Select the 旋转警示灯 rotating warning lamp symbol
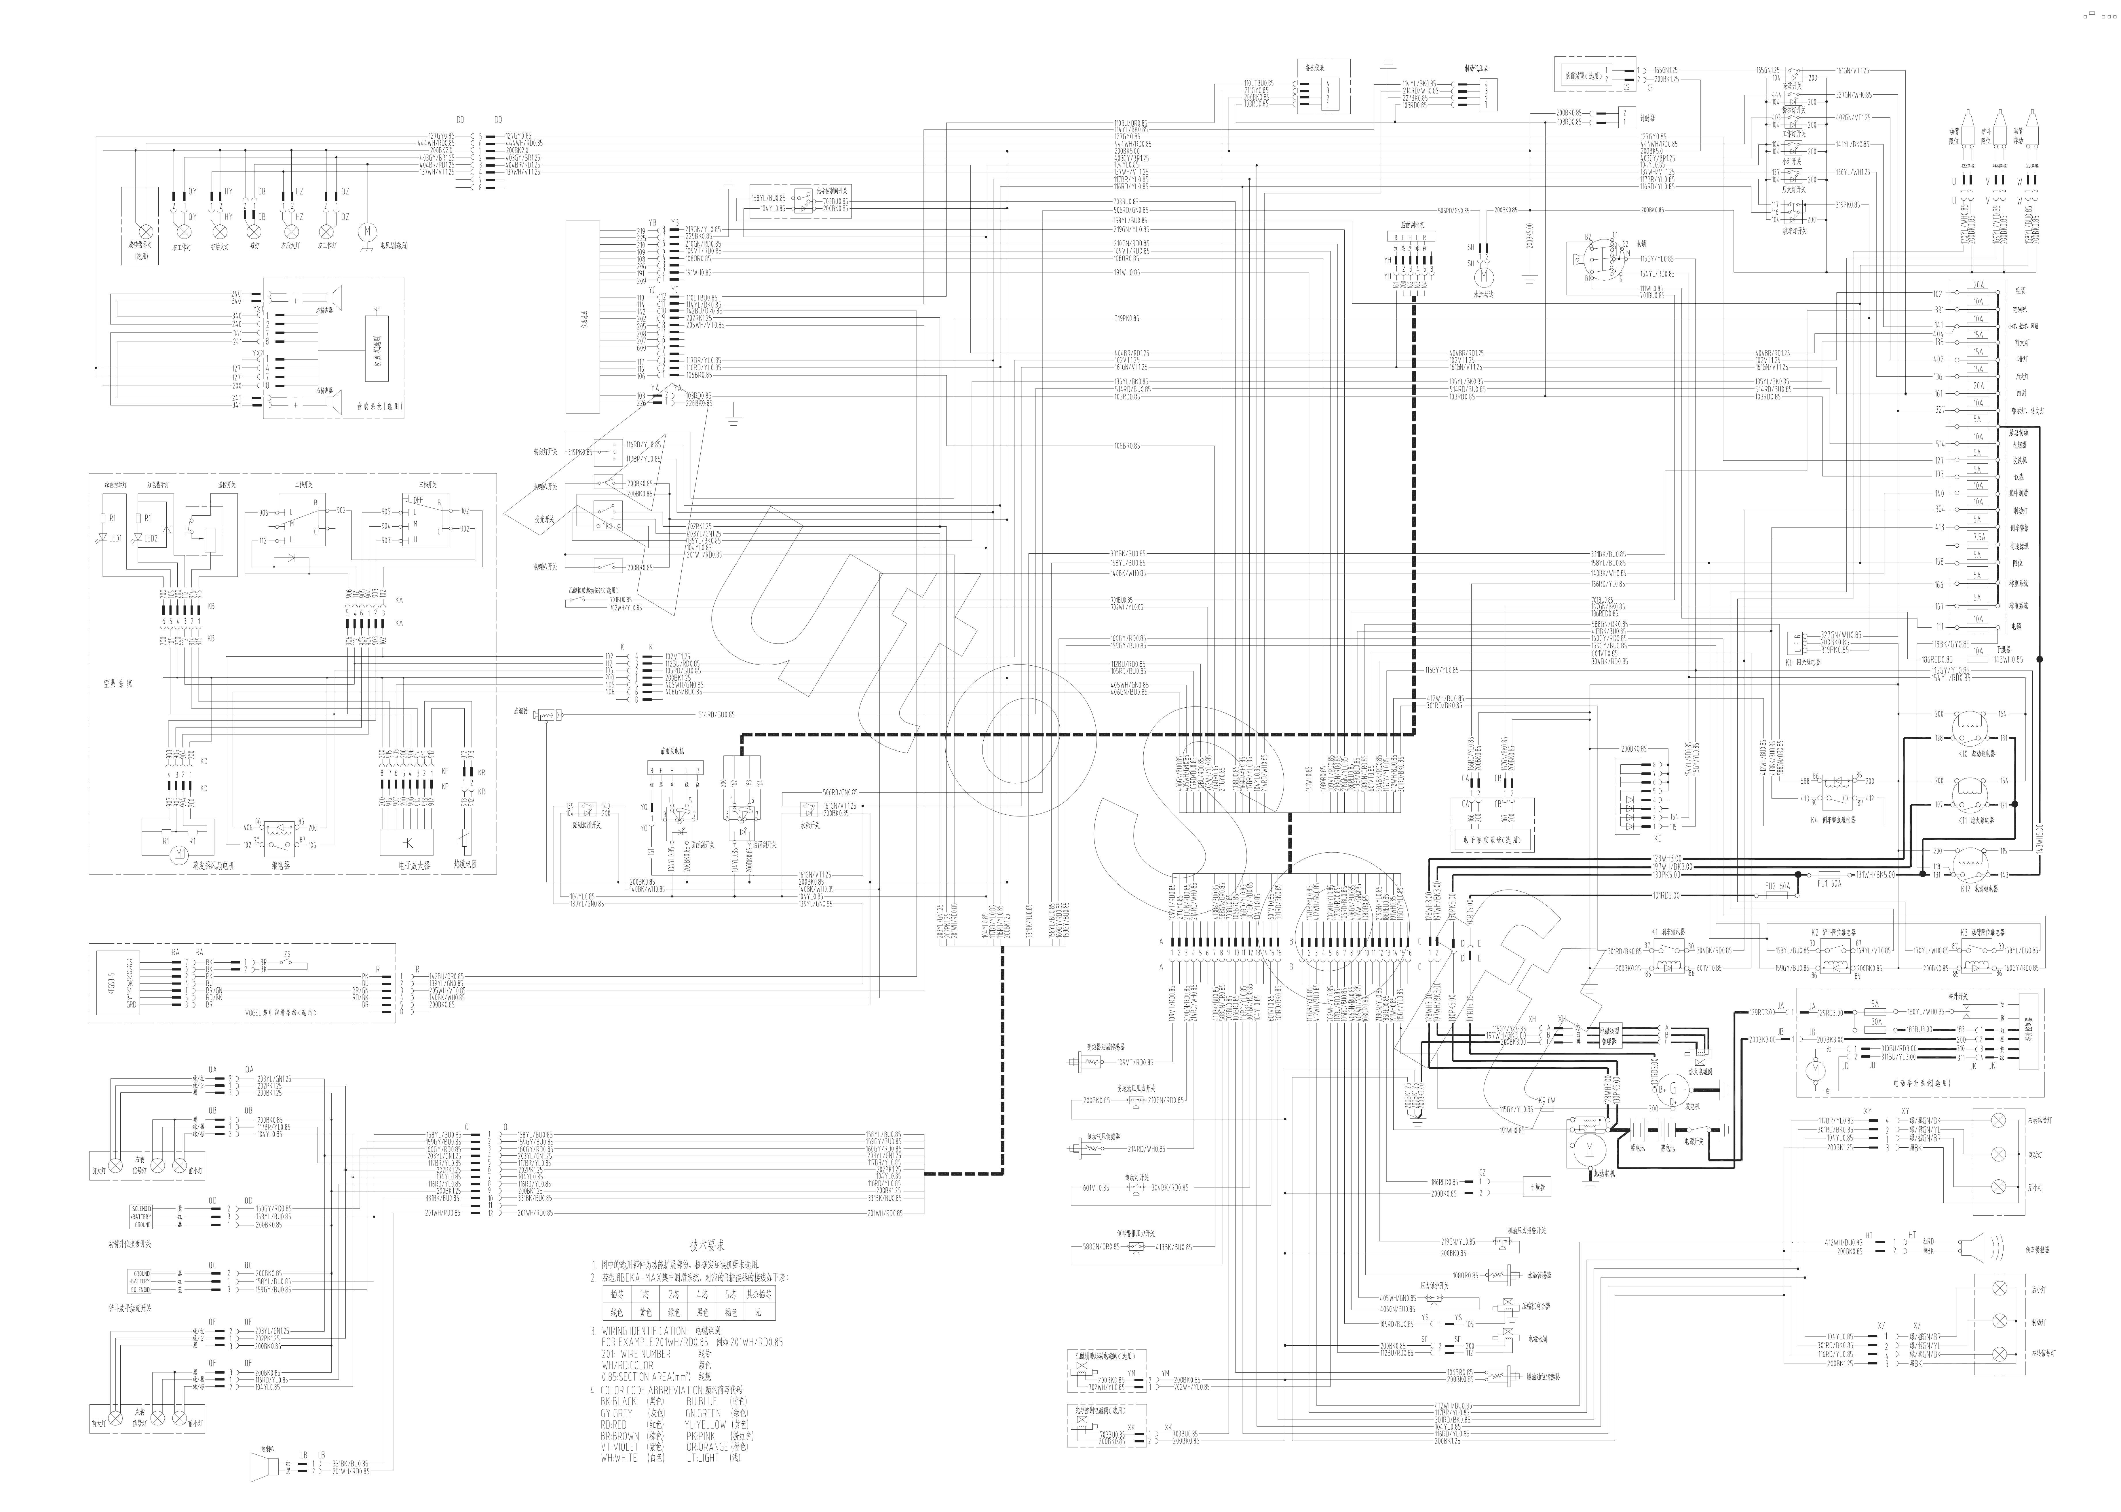pos(144,230)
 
